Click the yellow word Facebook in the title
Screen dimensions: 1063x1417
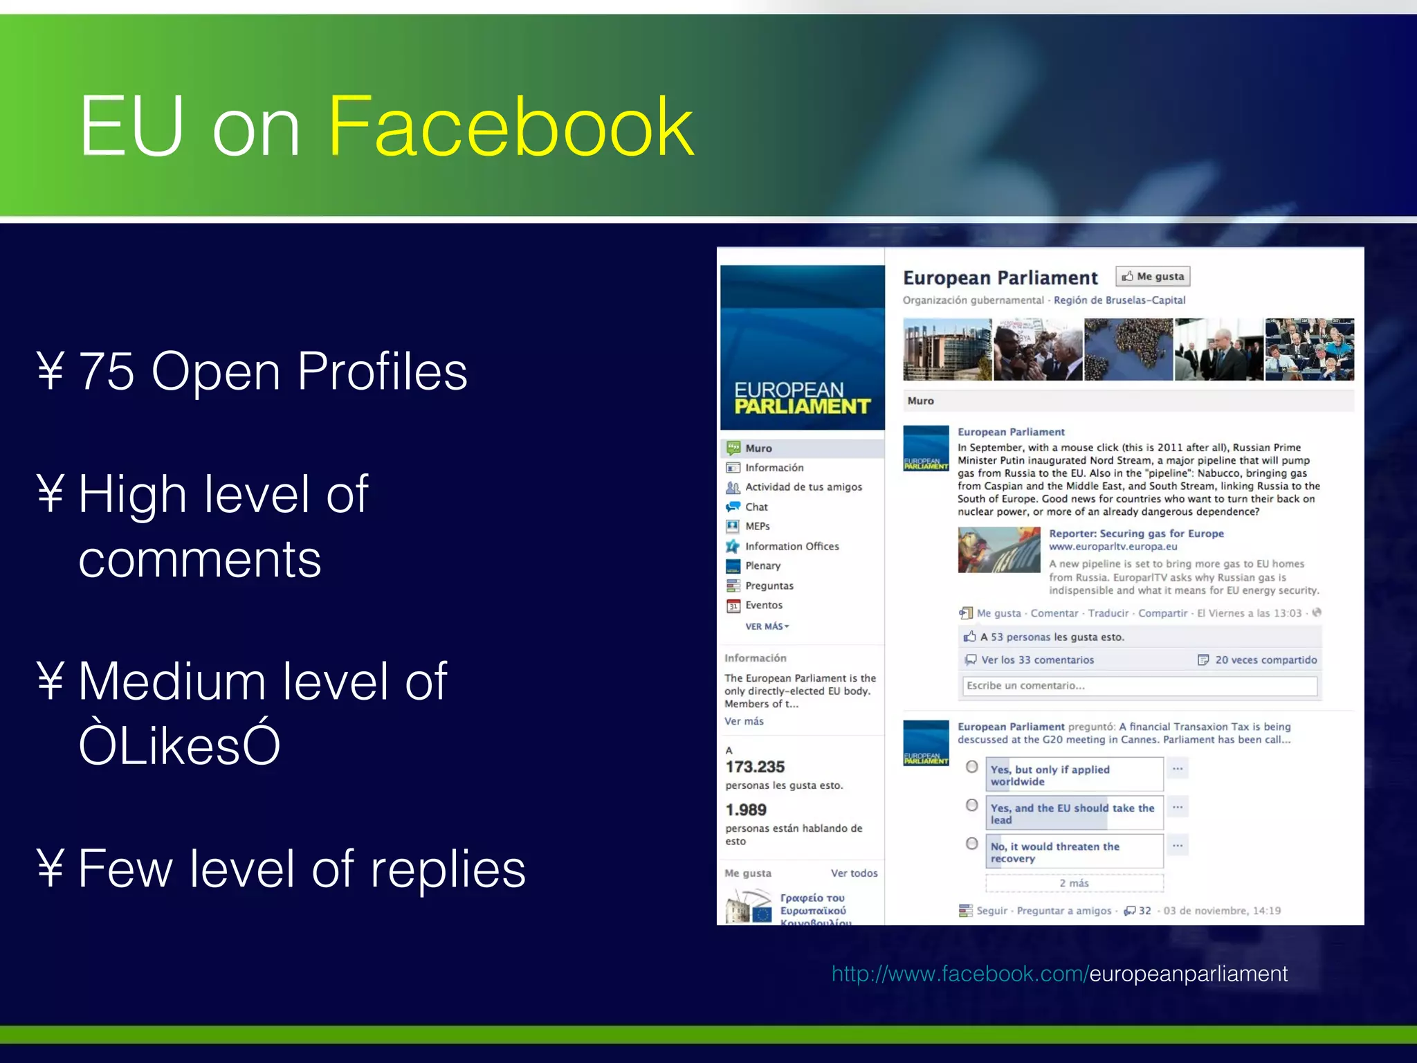[511, 127]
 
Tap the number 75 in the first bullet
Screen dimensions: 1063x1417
[107, 372]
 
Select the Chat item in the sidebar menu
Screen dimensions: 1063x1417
[756, 507]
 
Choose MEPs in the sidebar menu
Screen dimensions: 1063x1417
[758, 526]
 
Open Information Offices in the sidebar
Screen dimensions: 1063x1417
[792, 546]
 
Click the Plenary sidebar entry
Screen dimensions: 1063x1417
[762, 565]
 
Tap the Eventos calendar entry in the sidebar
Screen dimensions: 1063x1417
[764, 605]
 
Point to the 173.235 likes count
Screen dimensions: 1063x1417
[755, 767]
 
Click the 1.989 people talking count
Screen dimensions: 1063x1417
[746, 810]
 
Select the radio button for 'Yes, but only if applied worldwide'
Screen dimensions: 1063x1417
[972, 767]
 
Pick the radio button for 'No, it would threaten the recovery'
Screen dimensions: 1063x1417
[972, 844]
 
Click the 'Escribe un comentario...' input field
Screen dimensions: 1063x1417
[1140, 686]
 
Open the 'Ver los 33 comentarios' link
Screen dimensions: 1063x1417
[1037, 660]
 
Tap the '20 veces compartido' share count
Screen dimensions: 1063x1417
[1265, 660]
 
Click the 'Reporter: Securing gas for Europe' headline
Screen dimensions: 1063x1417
[1136, 534]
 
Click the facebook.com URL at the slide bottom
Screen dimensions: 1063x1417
[1059, 974]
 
